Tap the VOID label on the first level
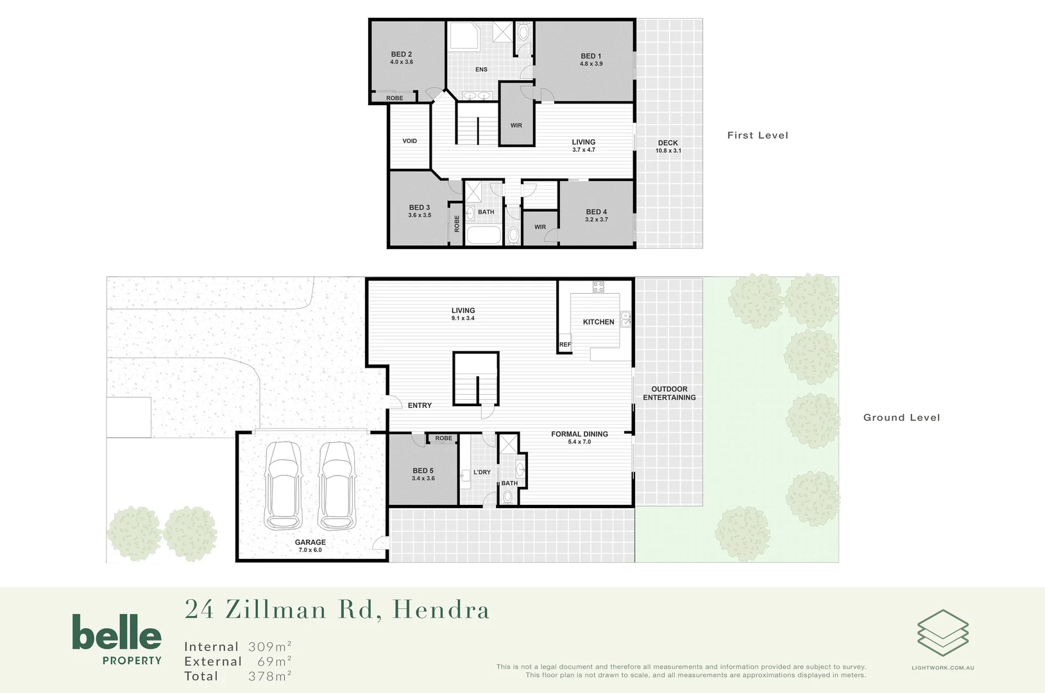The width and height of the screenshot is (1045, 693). (x=409, y=141)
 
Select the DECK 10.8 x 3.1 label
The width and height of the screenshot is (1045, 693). (x=668, y=147)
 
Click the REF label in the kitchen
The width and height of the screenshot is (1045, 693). (x=565, y=345)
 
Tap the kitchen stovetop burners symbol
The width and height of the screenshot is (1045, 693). (x=598, y=287)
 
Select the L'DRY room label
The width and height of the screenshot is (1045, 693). (x=482, y=472)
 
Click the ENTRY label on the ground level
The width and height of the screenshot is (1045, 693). (x=420, y=406)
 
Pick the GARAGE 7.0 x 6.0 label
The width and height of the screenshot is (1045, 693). (x=310, y=546)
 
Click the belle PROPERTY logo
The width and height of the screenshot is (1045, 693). (x=117, y=639)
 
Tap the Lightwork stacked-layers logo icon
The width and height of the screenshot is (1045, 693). (x=942, y=633)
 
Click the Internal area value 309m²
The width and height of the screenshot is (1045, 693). (x=270, y=647)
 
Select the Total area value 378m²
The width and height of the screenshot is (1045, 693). (x=270, y=676)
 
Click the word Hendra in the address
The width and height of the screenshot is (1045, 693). (x=441, y=610)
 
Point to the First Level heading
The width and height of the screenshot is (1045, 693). (x=758, y=135)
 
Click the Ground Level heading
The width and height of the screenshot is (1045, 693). (x=901, y=418)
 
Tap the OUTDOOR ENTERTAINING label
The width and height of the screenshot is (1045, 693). (x=669, y=393)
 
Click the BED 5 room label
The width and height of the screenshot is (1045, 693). (x=423, y=474)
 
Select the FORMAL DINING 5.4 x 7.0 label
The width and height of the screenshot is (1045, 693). (x=579, y=438)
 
